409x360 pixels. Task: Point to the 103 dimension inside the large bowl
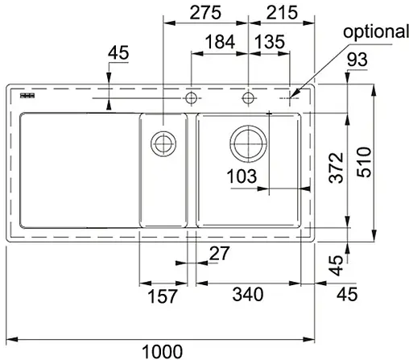[x=242, y=175]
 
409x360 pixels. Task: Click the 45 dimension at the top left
[x=118, y=54]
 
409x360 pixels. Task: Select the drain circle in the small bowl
[x=164, y=143]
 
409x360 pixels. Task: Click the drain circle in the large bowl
[x=248, y=143]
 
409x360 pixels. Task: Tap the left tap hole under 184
[x=192, y=99]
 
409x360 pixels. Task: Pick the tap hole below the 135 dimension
[x=248, y=99]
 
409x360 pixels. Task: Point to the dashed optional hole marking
[x=288, y=98]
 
